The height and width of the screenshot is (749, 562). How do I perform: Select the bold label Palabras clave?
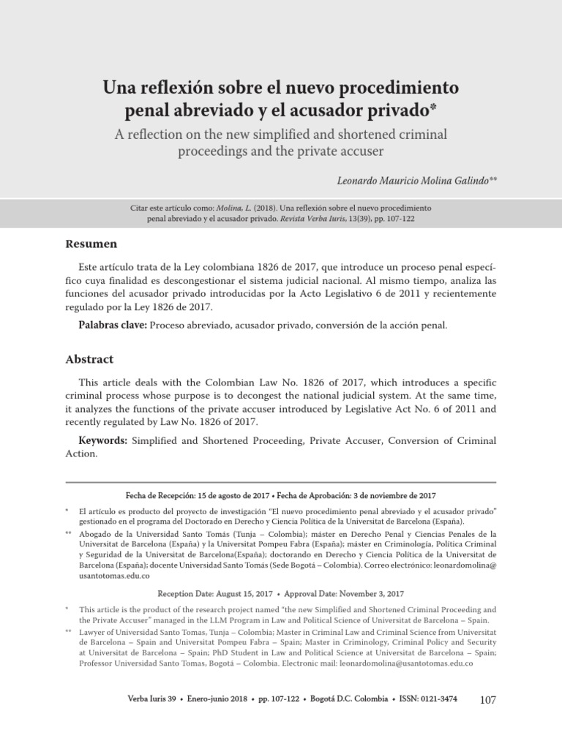pyautogui.click(x=113, y=324)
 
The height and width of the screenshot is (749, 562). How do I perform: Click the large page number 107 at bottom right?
pyautogui.click(x=487, y=700)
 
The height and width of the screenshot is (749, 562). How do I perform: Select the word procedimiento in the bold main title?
pyautogui.click(x=395, y=88)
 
